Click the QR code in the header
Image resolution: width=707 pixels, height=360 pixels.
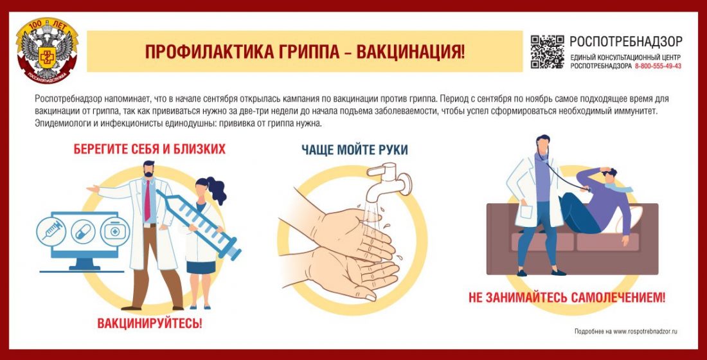pyautogui.click(x=547, y=52)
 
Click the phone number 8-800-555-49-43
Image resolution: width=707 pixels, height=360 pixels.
pyautogui.click(x=658, y=66)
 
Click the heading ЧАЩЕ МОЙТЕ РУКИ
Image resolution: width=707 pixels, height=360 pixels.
pyautogui.click(x=354, y=150)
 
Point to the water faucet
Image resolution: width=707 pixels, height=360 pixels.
pyautogui.click(x=388, y=181)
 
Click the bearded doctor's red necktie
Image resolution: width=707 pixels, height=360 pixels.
pyautogui.click(x=147, y=200)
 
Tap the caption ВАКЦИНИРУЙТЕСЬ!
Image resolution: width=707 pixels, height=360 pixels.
pyautogui.click(x=150, y=323)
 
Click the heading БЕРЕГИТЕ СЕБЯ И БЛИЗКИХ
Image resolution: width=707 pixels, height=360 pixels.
pyautogui.click(x=149, y=149)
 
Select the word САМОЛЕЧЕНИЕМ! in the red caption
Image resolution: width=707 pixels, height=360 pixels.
pyautogui.click(x=618, y=297)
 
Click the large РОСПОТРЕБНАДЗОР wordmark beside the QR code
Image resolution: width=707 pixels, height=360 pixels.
pyautogui.click(x=626, y=42)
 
